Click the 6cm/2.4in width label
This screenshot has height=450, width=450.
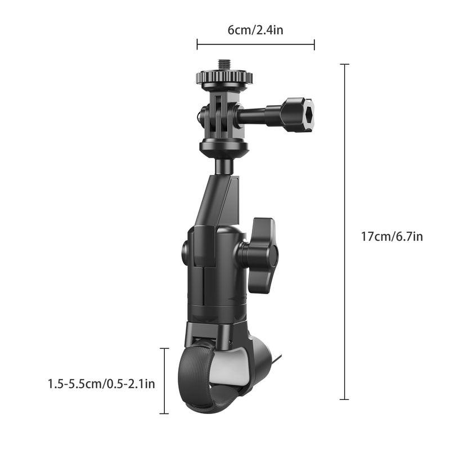click(255, 30)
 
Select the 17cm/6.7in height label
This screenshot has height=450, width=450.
click(391, 236)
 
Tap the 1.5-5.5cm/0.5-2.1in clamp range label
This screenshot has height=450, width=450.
click(101, 384)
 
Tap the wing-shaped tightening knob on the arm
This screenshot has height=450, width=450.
click(262, 255)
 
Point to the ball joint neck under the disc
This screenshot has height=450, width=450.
click(223, 166)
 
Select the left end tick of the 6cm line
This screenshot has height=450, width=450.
click(197, 44)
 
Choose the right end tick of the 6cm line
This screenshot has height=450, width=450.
click(314, 44)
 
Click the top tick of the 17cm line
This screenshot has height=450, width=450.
click(344, 65)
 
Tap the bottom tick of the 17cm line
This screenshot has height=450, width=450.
click(344, 399)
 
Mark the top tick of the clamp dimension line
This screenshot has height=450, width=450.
click(164, 349)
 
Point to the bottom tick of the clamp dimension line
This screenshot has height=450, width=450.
click(164, 413)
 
